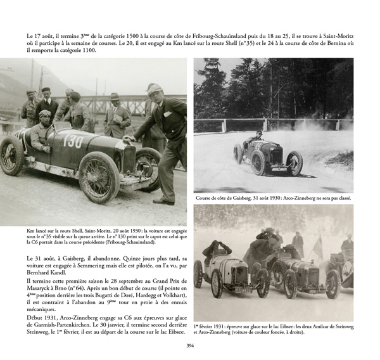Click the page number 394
[x=190, y=345]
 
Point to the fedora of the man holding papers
[x=114, y=97]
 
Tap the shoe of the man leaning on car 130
[x=162, y=202]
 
